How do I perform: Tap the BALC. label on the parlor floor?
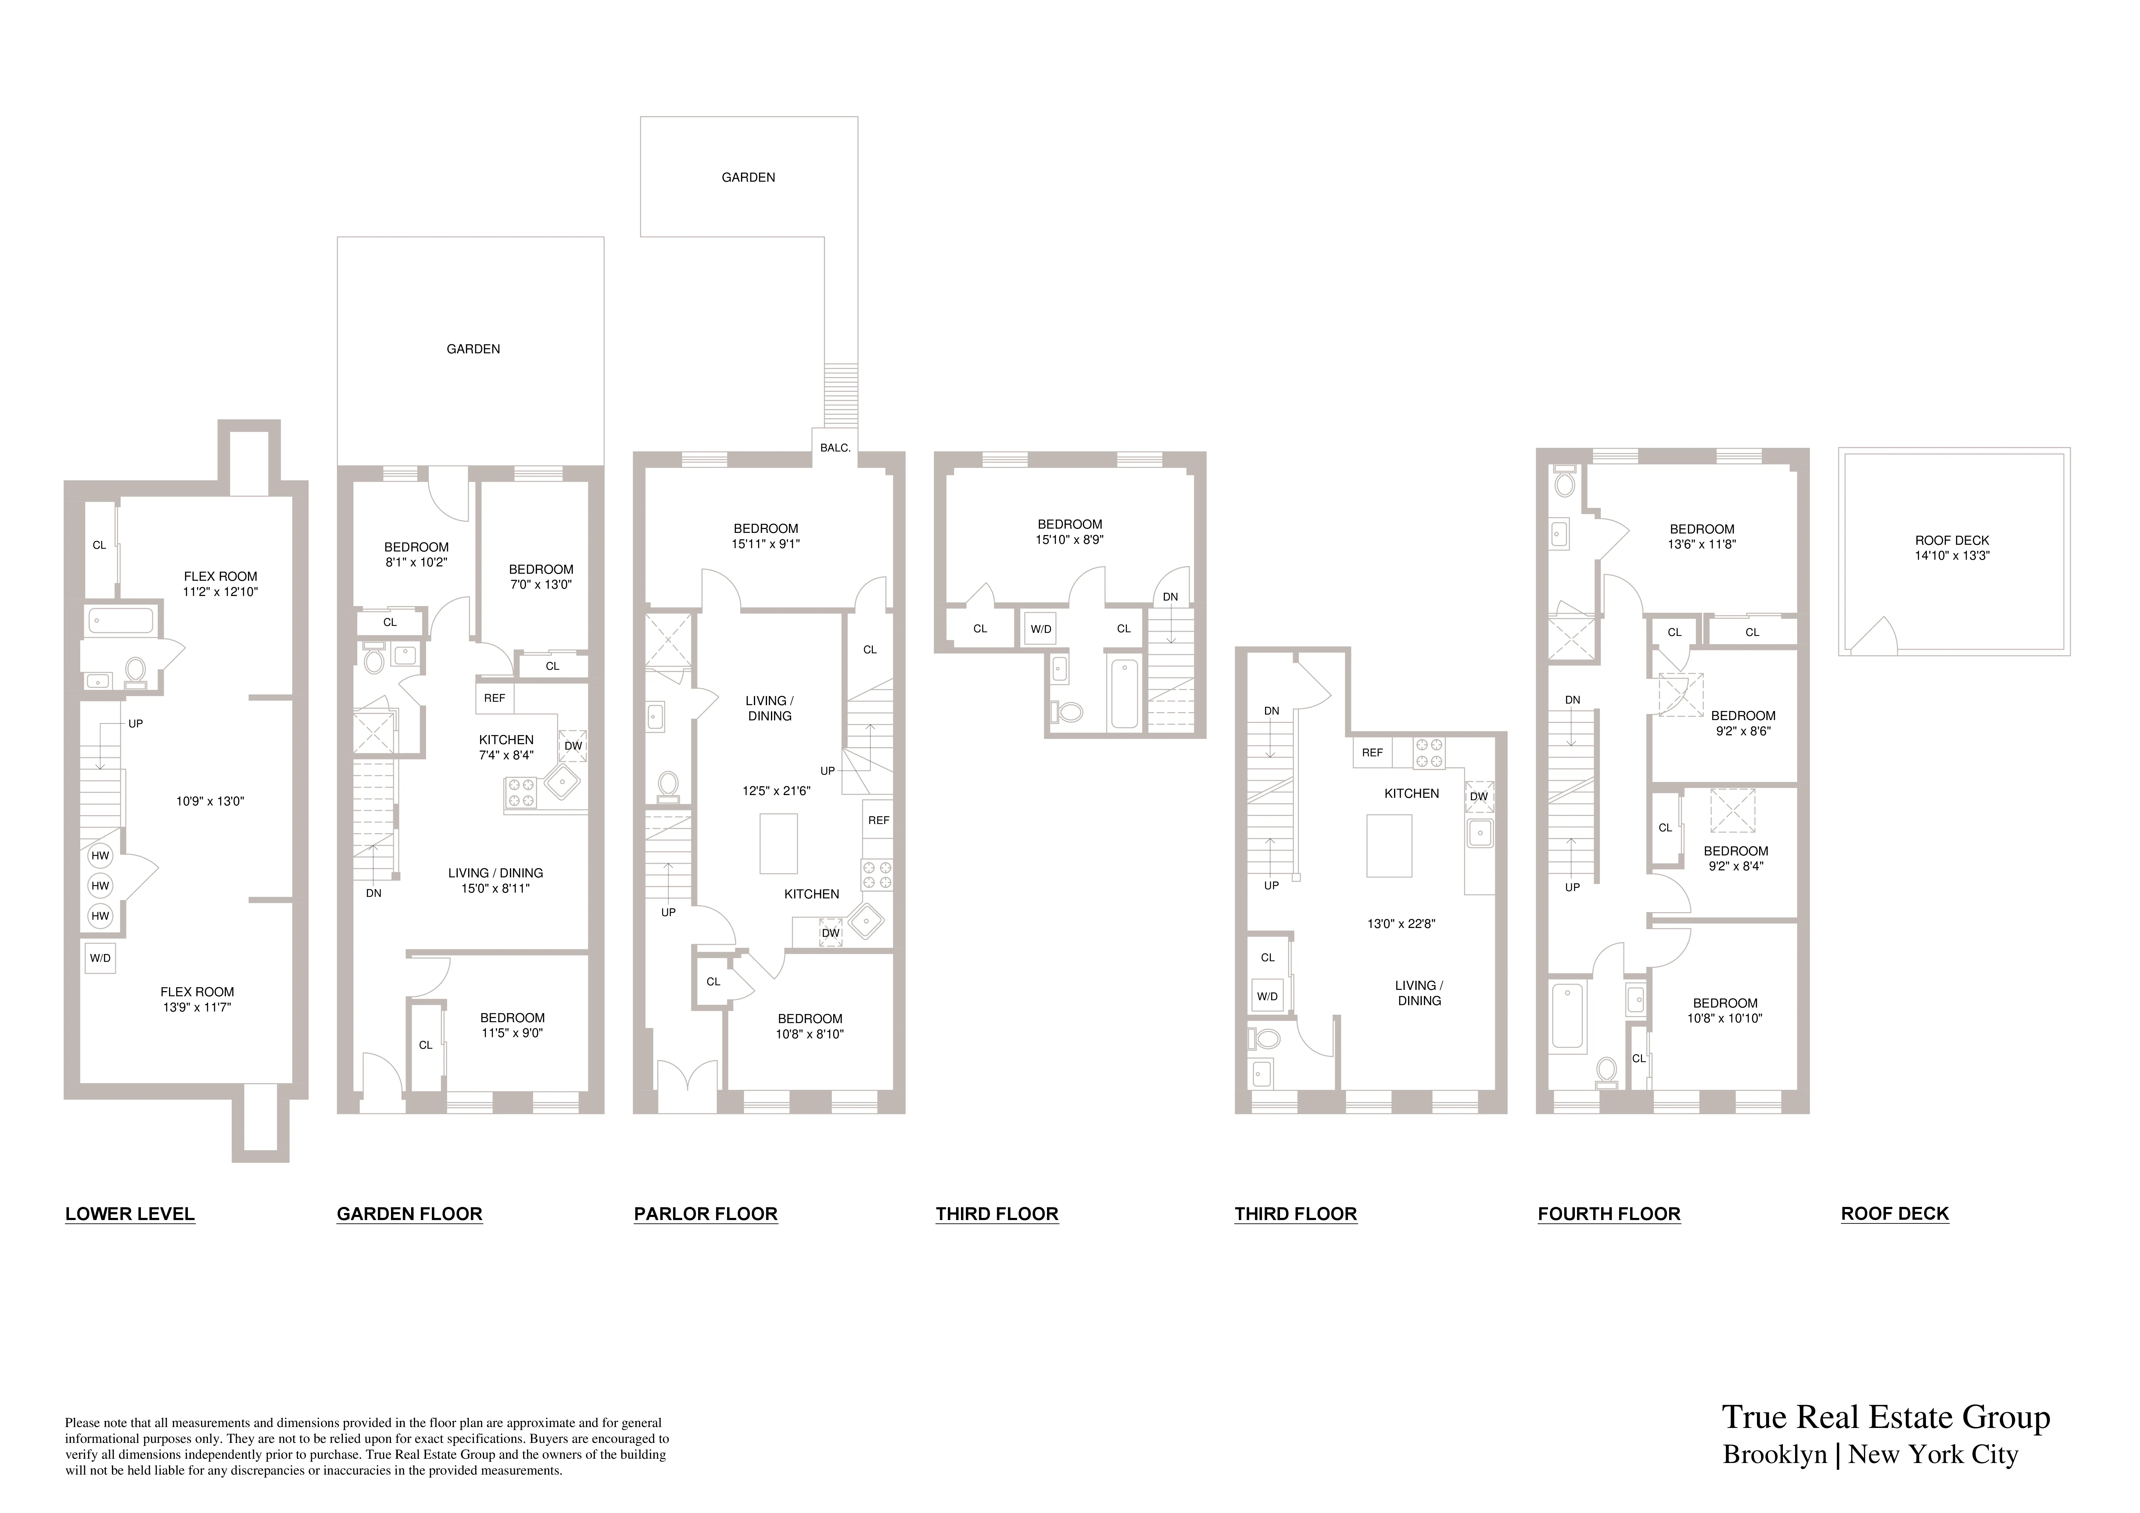point(835,448)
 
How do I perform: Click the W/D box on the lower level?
point(100,958)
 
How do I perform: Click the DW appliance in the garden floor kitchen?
point(573,745)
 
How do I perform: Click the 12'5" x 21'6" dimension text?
point(776,791)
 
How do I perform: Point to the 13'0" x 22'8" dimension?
point(1401,924)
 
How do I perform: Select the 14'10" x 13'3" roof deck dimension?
point(1952,555)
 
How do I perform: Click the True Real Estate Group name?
point(1886,1417)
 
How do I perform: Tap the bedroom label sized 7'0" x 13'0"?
point(541,577)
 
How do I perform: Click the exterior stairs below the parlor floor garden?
point(841,396)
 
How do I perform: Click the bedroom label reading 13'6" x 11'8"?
point(1702,537)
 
